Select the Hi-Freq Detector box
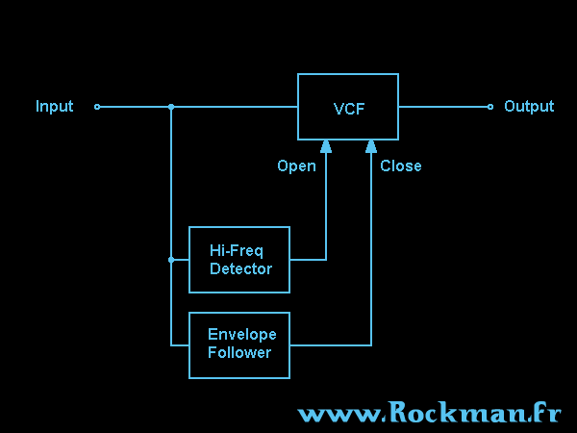tap(239, 260)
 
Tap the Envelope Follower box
tap(239, 344)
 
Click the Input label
tap(54, 107)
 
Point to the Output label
tap(529, 107)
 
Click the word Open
tap(296, 166)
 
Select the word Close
tap(400, 166)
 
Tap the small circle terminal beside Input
tap(97, 107)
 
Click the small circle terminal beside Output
tap(490, 107)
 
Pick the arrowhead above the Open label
tap(326, 146)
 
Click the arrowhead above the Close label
tap(371, 146)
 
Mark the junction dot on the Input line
tap(171, 107)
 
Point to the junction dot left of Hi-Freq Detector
tap(171, 260)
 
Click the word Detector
tap(240, 269)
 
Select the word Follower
tap(239, 353)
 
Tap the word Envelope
tap(241, 335)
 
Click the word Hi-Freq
tap(237, 251)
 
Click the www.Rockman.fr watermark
tap(429, 414)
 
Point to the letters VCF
tap(348, 108)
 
